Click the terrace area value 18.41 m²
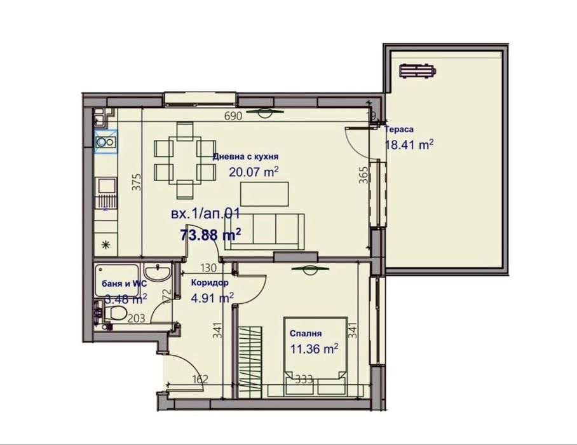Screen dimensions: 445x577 coord(409,144)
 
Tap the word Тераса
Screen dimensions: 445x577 coord(399,129)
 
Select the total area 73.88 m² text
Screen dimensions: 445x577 coord(210,235)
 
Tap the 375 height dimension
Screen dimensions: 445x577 coord(135,182)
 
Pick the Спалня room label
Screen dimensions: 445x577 coord(306,333)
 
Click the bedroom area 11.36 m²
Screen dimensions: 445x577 coord(314,348)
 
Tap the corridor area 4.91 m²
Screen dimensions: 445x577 coord(212,297)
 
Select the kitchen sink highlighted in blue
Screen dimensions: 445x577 coord(105,142)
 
